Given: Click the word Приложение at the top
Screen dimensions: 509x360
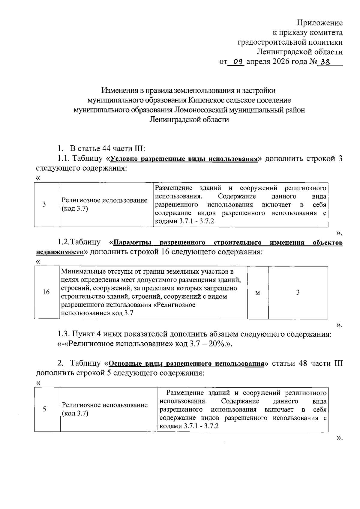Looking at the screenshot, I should tap(319, 23).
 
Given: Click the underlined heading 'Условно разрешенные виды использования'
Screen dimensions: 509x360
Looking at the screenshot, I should tap(184, 159).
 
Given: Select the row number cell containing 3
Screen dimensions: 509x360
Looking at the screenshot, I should tap(44, 204).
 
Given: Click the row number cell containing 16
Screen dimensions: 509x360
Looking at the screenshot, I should tap(46, 292).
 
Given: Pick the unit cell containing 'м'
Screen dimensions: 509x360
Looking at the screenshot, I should tap(257, 293).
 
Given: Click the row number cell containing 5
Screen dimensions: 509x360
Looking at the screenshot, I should tap(44, 409).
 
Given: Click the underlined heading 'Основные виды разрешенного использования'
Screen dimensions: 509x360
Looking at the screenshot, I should tap(186, 364).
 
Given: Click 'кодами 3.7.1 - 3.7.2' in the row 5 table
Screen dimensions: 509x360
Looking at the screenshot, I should tap(189, 426).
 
